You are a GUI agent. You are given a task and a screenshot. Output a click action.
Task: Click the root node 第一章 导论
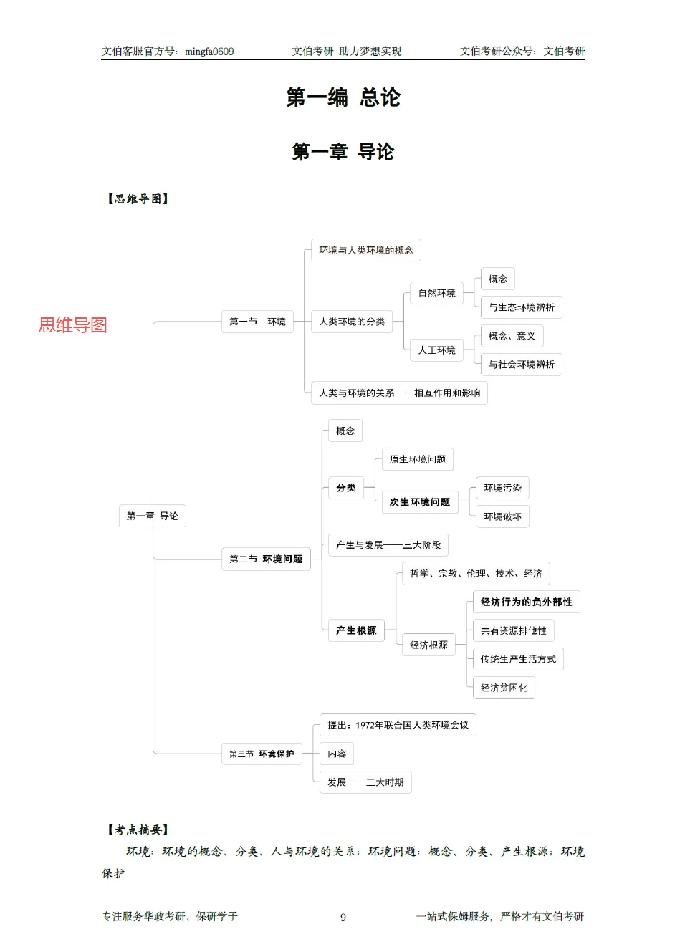152,516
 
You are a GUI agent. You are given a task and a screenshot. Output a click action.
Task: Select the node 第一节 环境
257,322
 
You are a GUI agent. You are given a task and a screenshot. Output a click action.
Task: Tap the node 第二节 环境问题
266,559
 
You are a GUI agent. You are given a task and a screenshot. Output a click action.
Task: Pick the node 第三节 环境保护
262,754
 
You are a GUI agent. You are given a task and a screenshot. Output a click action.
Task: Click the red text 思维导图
73,325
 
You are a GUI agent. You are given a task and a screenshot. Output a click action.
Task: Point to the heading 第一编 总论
342,97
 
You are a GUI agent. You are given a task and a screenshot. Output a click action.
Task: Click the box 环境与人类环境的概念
365,250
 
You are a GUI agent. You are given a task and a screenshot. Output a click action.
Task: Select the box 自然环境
436,293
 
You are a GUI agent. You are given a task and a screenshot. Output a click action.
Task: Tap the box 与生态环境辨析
521,307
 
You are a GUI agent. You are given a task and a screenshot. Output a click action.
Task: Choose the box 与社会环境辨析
521,365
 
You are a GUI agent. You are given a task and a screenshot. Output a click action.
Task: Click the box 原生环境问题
417,459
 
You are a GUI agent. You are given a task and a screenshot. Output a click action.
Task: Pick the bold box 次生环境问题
419,502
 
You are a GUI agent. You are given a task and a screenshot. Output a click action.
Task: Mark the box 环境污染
502,488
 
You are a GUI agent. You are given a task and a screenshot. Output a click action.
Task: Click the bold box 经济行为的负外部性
526,602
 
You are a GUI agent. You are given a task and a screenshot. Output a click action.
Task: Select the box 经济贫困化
504,688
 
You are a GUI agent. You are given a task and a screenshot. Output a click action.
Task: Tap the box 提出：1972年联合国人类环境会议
398,725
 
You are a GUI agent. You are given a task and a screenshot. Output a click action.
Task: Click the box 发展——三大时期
365,782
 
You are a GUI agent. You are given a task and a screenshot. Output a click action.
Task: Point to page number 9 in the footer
343,918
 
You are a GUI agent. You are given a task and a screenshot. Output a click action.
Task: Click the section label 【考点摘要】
138,830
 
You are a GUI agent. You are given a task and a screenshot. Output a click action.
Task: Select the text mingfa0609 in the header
209,52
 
